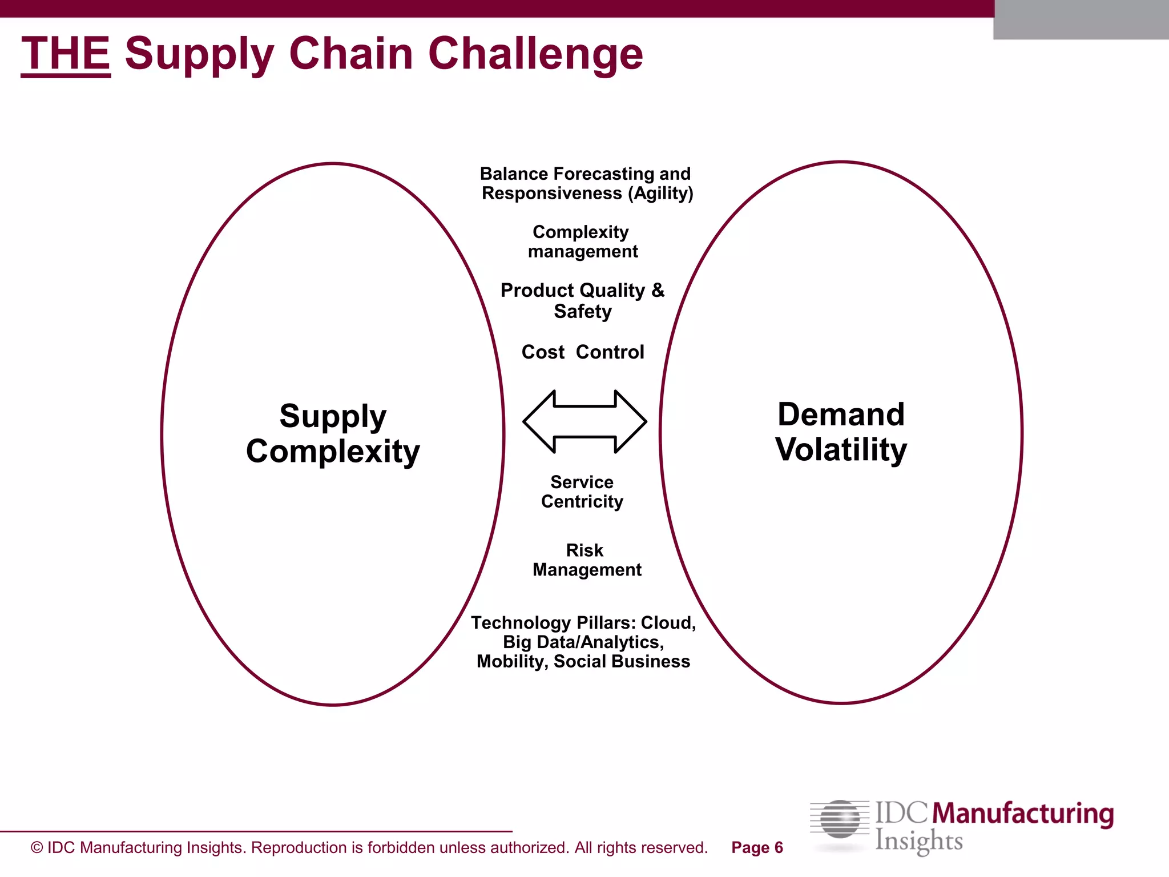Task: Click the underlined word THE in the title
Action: (66, 54)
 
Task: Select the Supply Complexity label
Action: (333, 433)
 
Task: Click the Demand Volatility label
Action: (841, 432)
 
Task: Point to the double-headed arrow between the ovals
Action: (584, 421)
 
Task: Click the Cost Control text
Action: (583, 352)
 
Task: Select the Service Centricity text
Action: (582, 492)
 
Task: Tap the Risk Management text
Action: (586, 560)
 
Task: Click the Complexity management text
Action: (582, 242)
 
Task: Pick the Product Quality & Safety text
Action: (583, 300)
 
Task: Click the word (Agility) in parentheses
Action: (660, 194)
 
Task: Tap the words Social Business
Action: (622, 661)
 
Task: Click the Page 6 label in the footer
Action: (757, 848)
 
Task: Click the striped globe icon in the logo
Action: (840, 819)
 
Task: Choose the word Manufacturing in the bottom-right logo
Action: (1023, 814)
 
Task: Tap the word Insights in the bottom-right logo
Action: (919, 841)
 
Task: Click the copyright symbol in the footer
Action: (37, 848)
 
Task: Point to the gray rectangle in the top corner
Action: (1081, 20)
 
